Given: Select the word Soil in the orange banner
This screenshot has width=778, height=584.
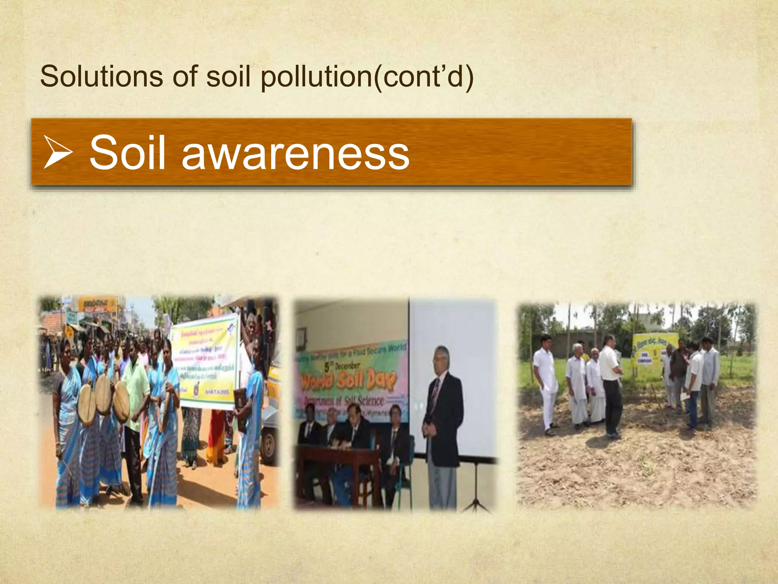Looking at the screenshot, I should (128, 153).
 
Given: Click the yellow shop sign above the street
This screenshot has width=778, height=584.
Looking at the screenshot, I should (97, 305).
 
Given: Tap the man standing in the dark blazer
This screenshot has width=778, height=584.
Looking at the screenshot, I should (443, 422).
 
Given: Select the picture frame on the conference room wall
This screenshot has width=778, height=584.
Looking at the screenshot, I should (301, 338).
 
